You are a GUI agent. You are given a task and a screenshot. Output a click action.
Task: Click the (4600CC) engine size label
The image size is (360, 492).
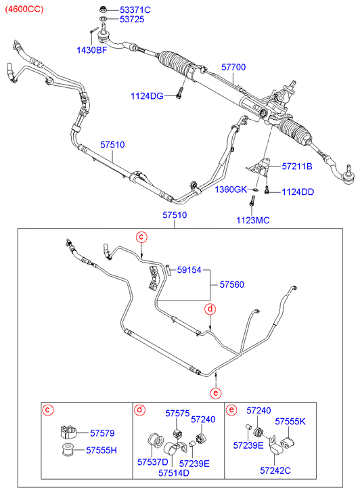point(24,9)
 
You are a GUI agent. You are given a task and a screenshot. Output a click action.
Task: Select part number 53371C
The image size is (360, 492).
point(135,9)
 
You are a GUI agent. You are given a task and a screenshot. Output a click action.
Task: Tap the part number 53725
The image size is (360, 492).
point(132,20)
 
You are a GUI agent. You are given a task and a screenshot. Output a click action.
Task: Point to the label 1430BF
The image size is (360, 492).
point(92,50)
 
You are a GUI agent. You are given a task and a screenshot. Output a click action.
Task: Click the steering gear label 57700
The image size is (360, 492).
point(233,67)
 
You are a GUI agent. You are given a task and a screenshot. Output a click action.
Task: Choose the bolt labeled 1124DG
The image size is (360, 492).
point(179,93)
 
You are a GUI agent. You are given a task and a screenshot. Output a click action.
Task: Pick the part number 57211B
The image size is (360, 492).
point(297,166)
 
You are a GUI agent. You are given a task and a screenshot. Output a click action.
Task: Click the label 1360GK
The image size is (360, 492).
point(231,189)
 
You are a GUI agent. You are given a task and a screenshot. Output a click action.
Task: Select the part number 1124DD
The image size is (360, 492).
point(298,192)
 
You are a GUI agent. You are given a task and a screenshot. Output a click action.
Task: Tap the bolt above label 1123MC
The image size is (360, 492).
point(252,200)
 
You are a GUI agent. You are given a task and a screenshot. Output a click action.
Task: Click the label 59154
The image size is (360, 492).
point(189,270)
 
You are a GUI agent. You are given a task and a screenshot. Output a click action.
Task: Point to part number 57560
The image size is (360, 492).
point(231,285)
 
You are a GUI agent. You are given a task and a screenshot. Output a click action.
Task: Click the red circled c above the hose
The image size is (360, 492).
point(141,237)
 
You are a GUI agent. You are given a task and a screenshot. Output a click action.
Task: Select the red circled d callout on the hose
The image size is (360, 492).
point(210,309)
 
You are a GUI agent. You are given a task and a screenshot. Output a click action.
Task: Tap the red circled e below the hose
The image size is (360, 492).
point(216,393)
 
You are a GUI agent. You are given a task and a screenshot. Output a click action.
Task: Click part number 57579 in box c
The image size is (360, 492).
point(102,433)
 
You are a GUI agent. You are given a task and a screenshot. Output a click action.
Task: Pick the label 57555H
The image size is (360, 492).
point(102,451)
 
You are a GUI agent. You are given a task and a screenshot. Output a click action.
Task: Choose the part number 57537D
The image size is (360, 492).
point(152,462)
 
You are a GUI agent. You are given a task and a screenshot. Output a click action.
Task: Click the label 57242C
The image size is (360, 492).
point(275,470)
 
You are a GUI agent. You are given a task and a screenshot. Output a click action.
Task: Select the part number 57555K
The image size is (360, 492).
point(290,422)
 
